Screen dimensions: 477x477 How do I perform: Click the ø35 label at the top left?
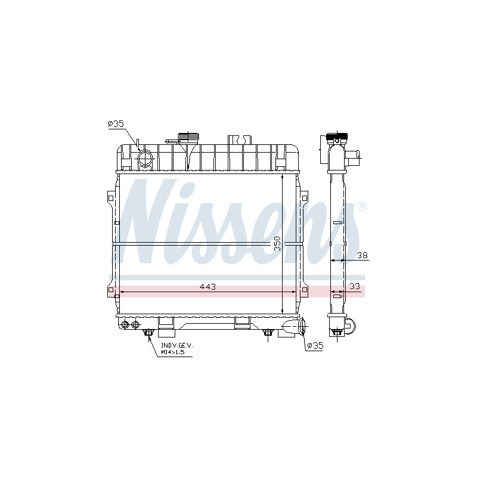point(116,124)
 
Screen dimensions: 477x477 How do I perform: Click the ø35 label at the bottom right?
point(315,346)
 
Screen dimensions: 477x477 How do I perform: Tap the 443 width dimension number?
point(207,287)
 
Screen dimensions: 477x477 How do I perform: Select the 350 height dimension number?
point(277,243)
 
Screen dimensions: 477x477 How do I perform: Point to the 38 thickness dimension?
point(362,255)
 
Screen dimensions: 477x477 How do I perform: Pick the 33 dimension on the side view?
point(355,286)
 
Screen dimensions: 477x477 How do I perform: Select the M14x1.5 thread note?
point(173,352)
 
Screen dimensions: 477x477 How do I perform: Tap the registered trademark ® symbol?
point(362,206)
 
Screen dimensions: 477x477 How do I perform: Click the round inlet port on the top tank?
point(145,159)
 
